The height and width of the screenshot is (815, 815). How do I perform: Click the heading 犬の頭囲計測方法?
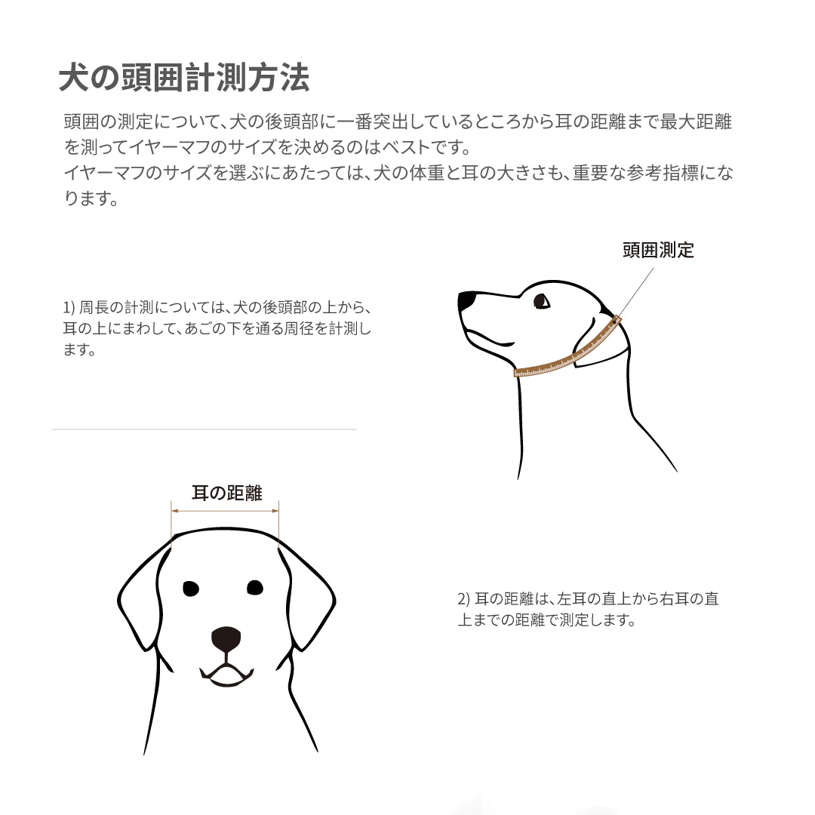click(184, 78)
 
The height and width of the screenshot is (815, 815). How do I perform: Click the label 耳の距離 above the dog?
click(226, 494)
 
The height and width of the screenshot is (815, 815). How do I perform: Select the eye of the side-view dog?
click(541, 301)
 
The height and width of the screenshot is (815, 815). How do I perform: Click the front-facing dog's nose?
click(226, 639)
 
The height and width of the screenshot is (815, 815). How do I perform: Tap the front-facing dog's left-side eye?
click(191, 588)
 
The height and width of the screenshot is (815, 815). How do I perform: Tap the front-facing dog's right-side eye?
click(255, 586)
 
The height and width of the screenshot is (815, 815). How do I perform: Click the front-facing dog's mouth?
click(226, 674)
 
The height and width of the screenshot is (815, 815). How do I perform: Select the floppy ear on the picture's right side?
click(311, 596)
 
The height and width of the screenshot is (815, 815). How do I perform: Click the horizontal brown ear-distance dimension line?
click(226, 512)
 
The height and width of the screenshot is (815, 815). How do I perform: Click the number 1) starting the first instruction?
click(69, 308)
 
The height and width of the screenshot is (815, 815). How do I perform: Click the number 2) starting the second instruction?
click(463, 600)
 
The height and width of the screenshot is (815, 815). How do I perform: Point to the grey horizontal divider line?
click(204, 429)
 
